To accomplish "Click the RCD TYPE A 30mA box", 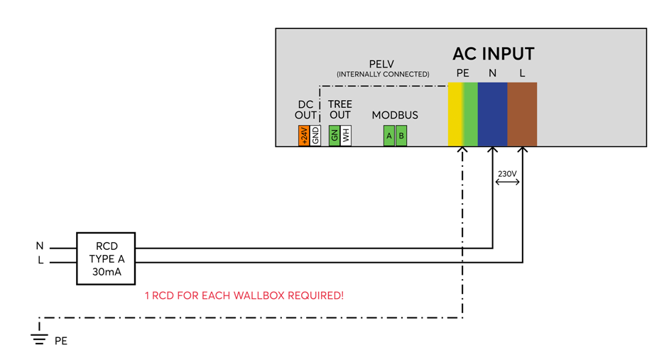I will tap(106, 258).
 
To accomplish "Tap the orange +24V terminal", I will tap(304, 136).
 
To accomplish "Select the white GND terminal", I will tap(315, 136).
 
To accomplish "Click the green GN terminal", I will tap(334, 136).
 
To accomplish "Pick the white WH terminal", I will tap(346, 136).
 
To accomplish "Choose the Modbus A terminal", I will tap(389, 136).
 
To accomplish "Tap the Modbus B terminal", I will tap(401, 136).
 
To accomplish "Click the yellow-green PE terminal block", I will tap(463, 114).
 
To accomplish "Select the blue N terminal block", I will tap(492, 114).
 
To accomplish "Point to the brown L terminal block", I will tap(522, 114).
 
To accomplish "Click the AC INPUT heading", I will tap(493, 54).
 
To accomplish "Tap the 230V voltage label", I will tap(507, 173).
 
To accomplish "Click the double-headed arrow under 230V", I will tap(507, 182).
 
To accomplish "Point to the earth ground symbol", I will tap(39, 339).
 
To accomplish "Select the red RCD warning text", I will tap(244, 295).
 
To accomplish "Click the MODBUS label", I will tap(395, 115).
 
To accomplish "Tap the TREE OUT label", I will tap(340, 109).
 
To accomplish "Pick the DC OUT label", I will tap(305, 110).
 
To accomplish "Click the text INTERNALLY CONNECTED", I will tap(383, 74).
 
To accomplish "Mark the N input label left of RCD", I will tap(40, 246).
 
